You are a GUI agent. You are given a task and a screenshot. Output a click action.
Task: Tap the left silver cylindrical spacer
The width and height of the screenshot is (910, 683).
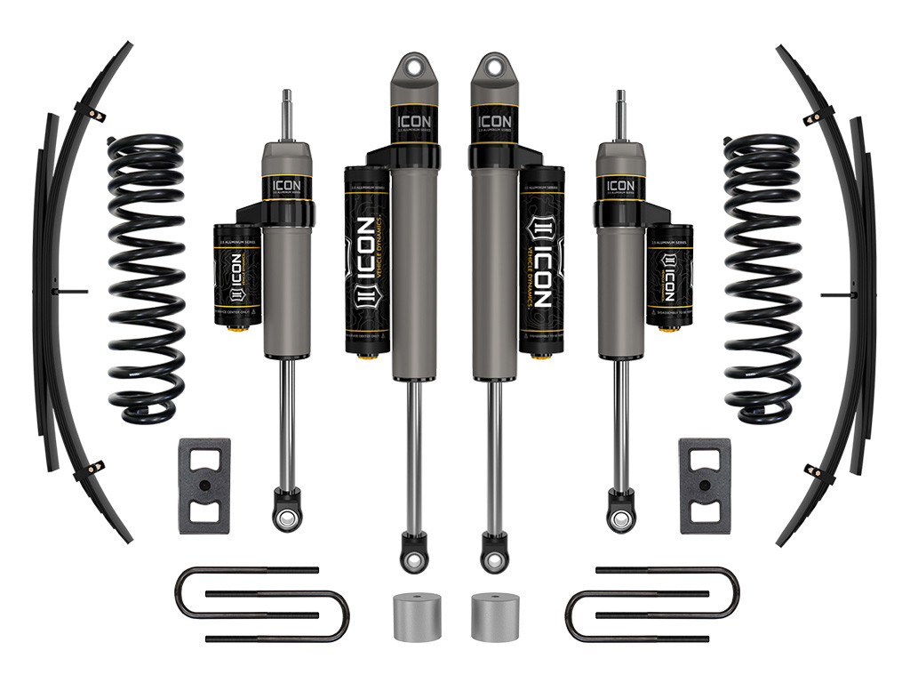pos(416,615)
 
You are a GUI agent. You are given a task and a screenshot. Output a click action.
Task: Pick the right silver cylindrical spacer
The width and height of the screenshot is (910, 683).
pos(494,615)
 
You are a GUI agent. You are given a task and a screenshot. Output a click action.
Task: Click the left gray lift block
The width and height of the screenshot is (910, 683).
pos(204,486)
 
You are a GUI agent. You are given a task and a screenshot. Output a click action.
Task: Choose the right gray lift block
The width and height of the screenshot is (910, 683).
pos(705,486)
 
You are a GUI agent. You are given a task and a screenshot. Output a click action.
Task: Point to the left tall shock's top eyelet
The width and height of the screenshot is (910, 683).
pos(414,67)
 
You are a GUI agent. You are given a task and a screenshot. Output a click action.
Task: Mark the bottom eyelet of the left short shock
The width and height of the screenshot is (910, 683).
pos(286,518)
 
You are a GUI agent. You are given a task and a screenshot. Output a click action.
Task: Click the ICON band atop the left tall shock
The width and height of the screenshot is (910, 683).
pos(414,121)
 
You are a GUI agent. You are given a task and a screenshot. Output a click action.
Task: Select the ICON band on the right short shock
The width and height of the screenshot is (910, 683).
pos(620,188)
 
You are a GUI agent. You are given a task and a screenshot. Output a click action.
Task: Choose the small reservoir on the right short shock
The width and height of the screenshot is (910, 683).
pos(669,276)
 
